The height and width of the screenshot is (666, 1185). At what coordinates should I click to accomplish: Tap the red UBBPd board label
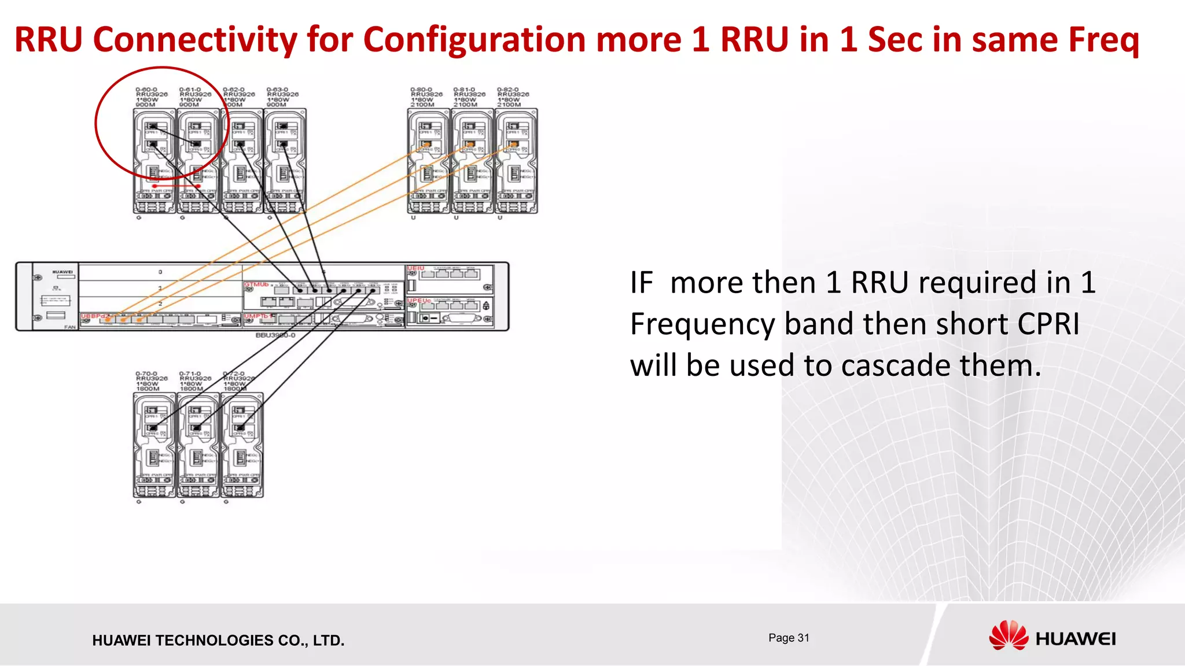(x=93, y=316)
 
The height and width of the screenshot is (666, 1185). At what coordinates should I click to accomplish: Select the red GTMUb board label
(x=256, y=284)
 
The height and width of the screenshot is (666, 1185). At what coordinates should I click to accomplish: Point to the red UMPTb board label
(x=257, y=316)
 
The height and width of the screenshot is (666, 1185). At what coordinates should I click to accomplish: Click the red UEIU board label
(x=416, y=269)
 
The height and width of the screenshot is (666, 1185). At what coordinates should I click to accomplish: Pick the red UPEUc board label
(x=419, y=301)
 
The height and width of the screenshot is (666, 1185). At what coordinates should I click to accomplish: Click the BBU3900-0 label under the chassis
(x=275, y=335)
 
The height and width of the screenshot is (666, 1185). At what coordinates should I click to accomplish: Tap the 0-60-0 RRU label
(x=146, y=90)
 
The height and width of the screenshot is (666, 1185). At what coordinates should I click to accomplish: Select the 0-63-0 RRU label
(x=277, y=90)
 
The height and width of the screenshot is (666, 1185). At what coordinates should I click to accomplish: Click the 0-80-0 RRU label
(x=421, y=90)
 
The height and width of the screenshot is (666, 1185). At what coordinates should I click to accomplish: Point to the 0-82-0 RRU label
(x=508, y=90)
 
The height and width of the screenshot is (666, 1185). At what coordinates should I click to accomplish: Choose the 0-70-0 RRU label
(x=146, y=374)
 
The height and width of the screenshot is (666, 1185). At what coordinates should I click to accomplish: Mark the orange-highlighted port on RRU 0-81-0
(x=470, y=145)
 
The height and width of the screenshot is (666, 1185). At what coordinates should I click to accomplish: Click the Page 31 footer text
(x=789, y=638)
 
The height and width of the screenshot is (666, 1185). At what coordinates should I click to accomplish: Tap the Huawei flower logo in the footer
(x=1008, y=636)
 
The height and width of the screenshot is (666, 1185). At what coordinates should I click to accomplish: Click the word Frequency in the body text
(x=702, y=324)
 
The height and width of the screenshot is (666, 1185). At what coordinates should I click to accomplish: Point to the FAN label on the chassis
(x=70, y=327)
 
